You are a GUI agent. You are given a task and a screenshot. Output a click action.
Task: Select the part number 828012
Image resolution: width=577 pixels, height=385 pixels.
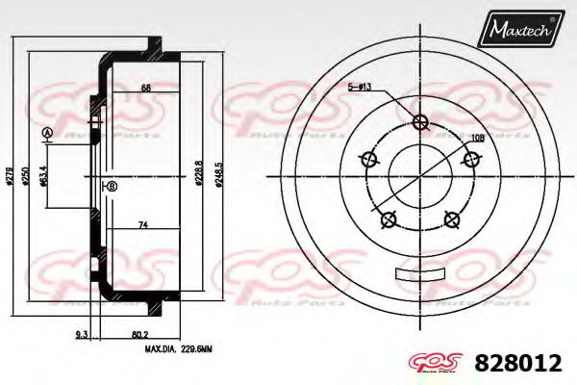click(518, 363)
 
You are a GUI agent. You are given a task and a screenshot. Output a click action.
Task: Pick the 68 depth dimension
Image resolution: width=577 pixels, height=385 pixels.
click(146, 89)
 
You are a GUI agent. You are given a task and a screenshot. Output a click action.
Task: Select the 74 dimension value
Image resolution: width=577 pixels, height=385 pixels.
click(141, 224)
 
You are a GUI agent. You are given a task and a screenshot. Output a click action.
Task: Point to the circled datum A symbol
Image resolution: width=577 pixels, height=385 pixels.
click(47, 132)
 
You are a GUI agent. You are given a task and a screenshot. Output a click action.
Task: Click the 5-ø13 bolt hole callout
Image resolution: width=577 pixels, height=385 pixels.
click(361, 87)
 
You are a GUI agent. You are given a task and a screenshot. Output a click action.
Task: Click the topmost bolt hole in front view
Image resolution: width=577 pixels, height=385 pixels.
click(419, 121)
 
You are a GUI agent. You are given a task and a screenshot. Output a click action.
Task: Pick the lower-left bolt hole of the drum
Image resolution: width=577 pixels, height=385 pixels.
click(389, 220)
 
